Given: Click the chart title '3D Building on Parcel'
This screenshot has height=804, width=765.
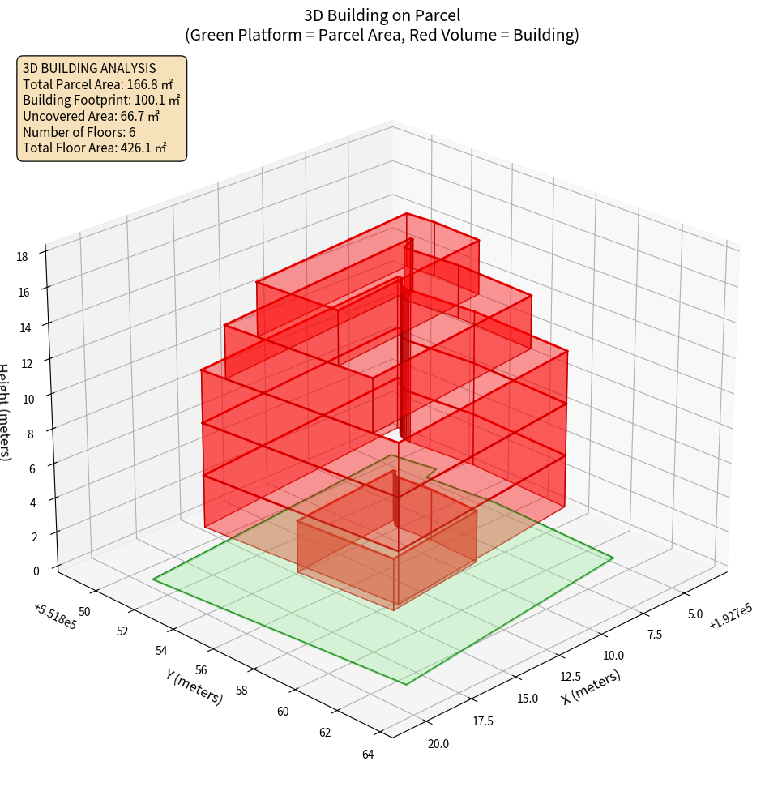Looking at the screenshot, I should (382, 15).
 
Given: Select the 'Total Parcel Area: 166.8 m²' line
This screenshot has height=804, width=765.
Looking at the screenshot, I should (98, 83).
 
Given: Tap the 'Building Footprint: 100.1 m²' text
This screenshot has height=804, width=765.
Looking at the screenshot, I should (101, 100).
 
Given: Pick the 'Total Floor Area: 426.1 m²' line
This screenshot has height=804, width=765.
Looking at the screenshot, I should (95, 148).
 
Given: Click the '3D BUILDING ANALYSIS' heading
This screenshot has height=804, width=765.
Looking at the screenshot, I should (89, 68).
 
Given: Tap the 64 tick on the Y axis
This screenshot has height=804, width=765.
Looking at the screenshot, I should (368, 755).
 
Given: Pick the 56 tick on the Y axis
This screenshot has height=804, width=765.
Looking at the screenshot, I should (202, 670).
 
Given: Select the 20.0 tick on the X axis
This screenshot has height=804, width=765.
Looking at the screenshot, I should (438, 743).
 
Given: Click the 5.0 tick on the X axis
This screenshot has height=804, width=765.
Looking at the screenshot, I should (694, 614).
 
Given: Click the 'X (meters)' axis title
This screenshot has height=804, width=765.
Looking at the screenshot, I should (591, 687).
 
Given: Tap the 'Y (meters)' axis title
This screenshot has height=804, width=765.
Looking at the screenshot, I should (194, 686).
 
